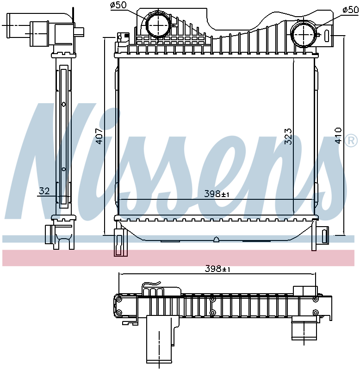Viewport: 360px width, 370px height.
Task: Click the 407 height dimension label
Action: click(99, 136)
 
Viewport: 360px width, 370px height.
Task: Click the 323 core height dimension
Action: click(288, 136)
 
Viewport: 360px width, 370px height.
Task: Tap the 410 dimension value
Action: click(338, 136)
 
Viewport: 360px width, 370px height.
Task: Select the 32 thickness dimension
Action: click(44, 191)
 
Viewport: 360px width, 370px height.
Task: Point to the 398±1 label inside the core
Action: click(217, 194)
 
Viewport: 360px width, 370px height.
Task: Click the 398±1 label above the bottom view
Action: click(217, 269)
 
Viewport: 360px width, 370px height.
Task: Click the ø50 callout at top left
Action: click(118, 5)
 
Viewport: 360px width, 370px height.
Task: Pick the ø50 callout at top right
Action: click(351, 10)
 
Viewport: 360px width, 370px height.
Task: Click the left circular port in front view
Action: click(158, 25)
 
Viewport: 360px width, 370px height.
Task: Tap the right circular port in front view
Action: click(304, 34)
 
